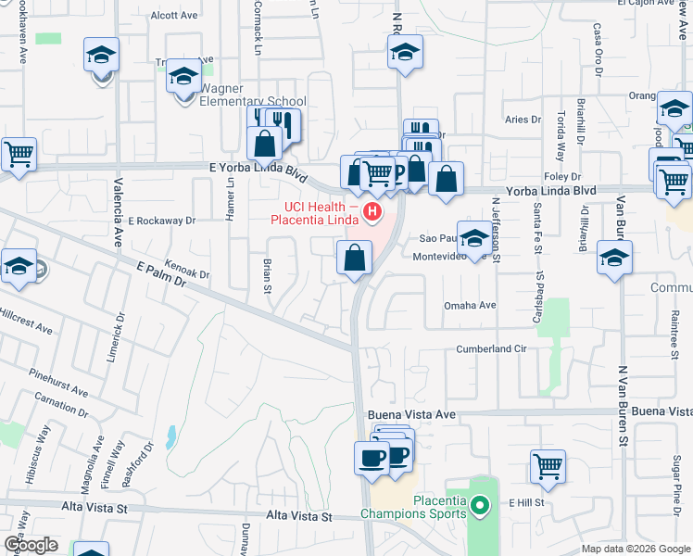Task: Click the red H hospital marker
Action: coord(372,213)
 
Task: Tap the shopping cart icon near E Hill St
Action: coord(548,467)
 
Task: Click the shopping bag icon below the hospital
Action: coord(354,259)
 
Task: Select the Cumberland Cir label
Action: coord(491,349)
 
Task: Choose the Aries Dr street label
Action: coord(523,120)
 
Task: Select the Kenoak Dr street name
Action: coord(187,269)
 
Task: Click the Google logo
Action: coord(31,545)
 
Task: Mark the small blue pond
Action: coord(170,436)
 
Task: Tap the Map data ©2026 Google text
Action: coord(636,549)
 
